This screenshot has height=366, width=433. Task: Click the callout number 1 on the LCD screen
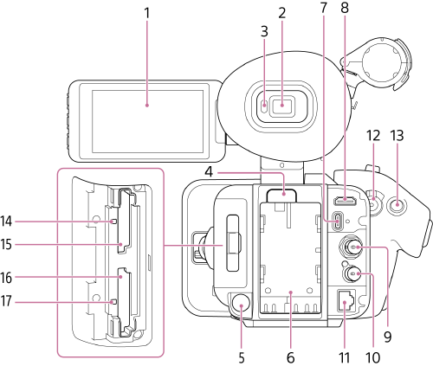click(x=147, y=15)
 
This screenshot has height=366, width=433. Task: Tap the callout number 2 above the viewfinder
click(x=281, y=15)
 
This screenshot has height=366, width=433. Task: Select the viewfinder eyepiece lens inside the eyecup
click(x=281, y=107)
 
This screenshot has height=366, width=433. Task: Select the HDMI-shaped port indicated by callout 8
click(x=344, y=200)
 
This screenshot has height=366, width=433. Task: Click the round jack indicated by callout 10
click(x=352, y=300)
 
